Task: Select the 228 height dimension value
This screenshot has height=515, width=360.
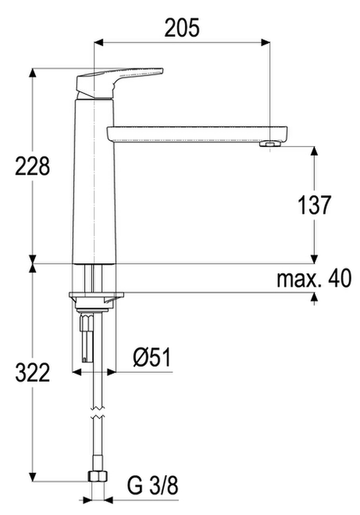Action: (x=32, y=166)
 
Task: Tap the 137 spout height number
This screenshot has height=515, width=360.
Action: (x=314, y=205)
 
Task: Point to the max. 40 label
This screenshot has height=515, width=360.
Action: (x=314, y=278)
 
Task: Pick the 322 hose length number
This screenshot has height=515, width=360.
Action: (x=32, y=372)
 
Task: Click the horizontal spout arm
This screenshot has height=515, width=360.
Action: (x=197, y=134)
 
